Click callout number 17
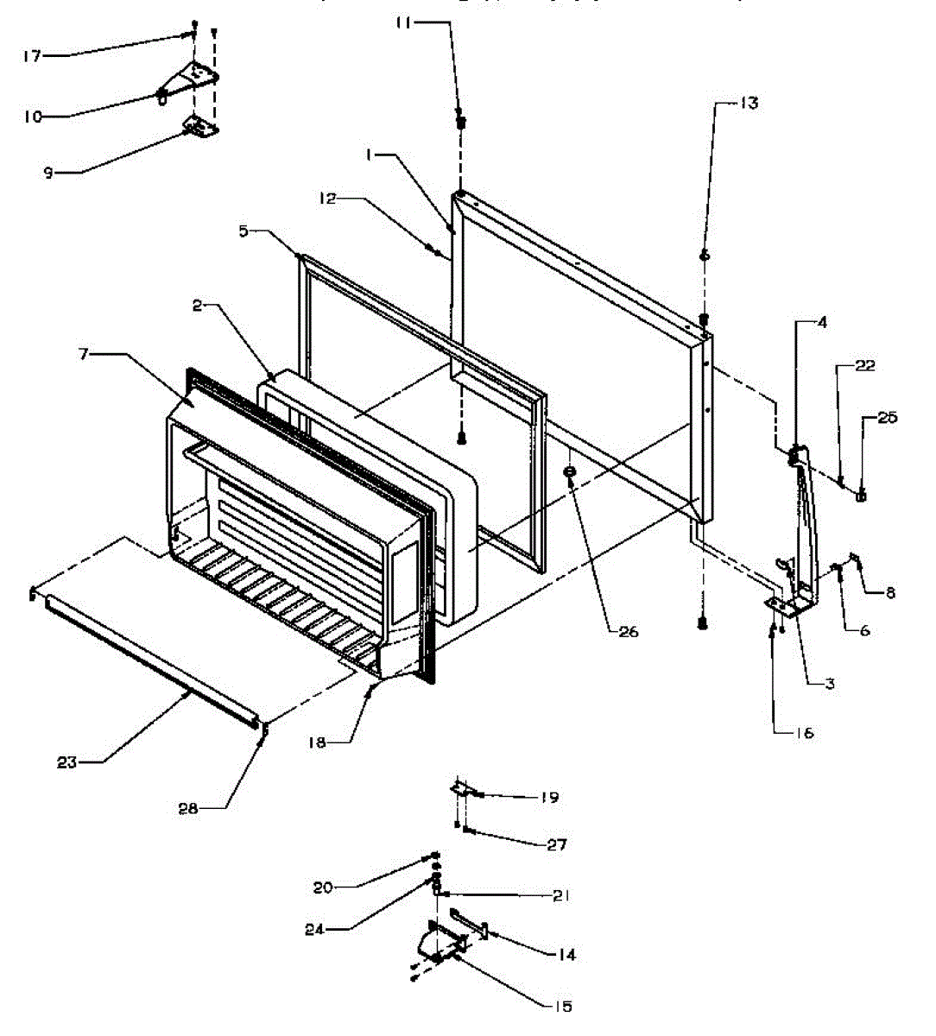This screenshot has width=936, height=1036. [x=31, y=56]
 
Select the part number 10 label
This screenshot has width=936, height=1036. [x=33, y=117]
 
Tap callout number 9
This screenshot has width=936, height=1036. [x=48, y=173]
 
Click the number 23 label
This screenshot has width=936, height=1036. [x=67, y=762]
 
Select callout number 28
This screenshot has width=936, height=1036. [x=188, y=808]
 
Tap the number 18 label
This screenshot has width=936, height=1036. [x=318, y=742]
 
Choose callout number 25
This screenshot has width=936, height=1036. [x=888, y=418]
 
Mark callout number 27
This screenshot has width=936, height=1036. [x=557, y=843]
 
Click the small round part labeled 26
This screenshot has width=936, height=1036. [x=571, y=472]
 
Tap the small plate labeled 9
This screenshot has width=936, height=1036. [x=201, y=128]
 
